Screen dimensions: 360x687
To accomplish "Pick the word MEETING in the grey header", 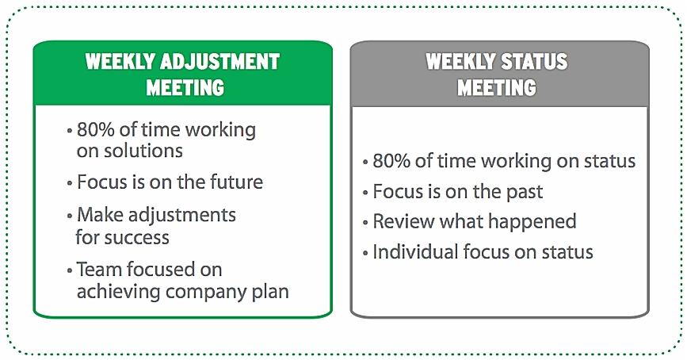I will click(497, 86).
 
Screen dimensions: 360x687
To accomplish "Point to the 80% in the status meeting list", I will click(391, 161).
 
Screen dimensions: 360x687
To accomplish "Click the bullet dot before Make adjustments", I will click(71, 216).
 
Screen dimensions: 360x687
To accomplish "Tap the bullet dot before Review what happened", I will click(366, 223).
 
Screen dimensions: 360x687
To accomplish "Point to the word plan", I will click(271, 292).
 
